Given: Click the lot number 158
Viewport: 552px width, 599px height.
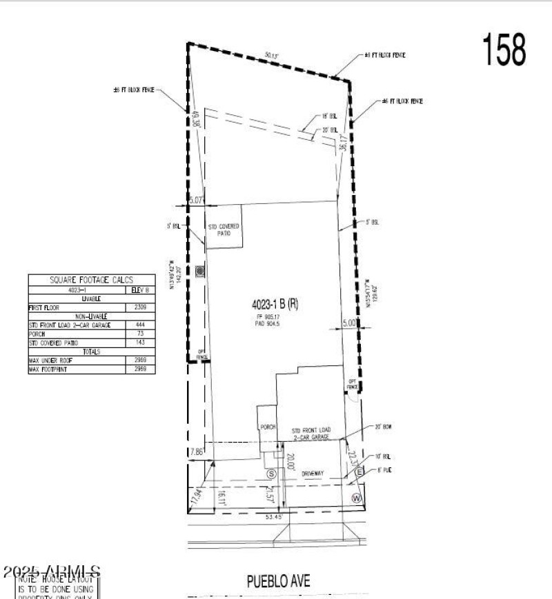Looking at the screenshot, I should click(x=503, y=50).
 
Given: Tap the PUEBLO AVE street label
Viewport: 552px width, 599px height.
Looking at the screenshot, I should click(x=279, y=580).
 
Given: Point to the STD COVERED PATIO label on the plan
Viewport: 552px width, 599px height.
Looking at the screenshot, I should click(x=224, y=230).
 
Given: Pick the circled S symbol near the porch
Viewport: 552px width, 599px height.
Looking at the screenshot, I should click(x=271, y=474).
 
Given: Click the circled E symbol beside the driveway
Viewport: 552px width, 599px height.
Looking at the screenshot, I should click(x=359, y=471).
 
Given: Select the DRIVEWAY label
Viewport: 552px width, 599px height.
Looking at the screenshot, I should click(x=313, y=474).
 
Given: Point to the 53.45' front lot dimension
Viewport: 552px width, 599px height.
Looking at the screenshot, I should click(x=275, y=516).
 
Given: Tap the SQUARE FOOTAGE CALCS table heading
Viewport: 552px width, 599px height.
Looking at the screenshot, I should click(x=91, y=281).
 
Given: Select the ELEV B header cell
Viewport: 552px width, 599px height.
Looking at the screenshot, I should click(x=140, y=290).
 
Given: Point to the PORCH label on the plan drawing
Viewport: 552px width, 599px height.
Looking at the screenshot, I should click(x=268, y=427).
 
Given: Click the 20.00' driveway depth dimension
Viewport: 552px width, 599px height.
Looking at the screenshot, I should click(x=291, y=461).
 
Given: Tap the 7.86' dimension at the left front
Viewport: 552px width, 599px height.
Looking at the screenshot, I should click(x=197, y=452).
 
